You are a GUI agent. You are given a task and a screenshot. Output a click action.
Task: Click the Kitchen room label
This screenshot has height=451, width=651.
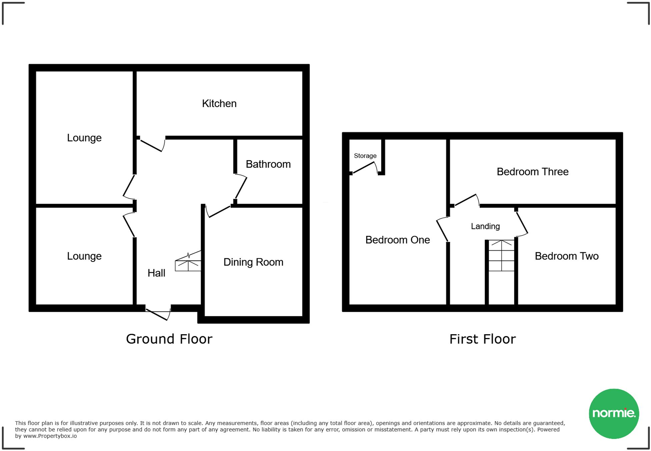tap(219, 103)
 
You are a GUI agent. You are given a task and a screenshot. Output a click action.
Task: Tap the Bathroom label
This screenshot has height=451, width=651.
tap(268, 164)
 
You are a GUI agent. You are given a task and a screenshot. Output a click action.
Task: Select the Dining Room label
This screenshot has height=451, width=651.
tap(253, 262)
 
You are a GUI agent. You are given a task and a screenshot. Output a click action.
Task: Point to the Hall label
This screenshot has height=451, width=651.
tap(156, 273)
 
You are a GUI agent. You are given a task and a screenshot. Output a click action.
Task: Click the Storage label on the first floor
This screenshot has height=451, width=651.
tap(365, 156)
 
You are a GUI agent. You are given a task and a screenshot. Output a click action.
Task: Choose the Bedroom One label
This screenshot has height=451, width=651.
tap(398, 240)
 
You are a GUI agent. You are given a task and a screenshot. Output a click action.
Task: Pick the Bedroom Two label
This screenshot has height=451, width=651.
tap(566, 256)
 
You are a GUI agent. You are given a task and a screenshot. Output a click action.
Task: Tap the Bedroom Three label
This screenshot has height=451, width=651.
tap(532, 171)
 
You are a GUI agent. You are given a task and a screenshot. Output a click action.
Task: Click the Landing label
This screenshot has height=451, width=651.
tap(485, 226)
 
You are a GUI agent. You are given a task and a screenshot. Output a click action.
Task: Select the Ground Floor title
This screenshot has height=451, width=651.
tap(169, 339)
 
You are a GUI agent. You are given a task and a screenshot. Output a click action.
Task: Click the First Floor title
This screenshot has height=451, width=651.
tap(482, 339)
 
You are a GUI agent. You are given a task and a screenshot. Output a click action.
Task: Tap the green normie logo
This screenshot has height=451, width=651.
tap(614, 413)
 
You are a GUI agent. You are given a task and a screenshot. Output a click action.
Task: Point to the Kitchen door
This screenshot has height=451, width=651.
tap(152, 145)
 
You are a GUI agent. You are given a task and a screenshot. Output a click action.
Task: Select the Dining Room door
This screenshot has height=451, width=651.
tap(218, 211)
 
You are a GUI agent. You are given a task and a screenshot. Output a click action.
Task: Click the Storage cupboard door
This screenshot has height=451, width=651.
tap(365, 168)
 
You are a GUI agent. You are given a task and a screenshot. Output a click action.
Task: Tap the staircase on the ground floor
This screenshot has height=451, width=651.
tap(188, 262)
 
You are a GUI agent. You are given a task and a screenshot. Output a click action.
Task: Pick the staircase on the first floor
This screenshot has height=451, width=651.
tap(501, 256)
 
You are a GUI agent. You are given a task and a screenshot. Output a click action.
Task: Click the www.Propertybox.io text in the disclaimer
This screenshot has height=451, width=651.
tap(50, 436)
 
